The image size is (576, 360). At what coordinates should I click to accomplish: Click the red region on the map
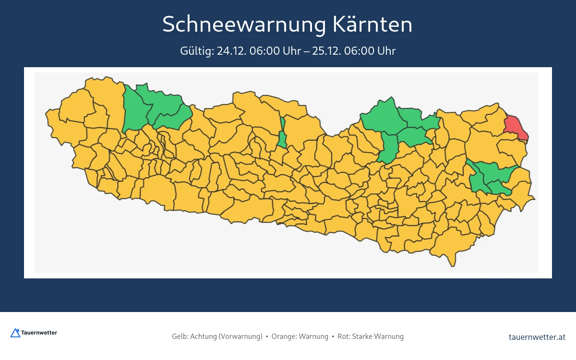click(x=516, y=127)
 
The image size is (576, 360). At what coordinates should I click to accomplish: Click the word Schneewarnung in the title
click(x=244, y=24)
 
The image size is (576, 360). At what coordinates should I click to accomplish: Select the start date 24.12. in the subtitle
click(x=230, y=51)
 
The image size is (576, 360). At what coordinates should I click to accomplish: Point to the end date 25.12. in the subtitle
click(x=325, y=51)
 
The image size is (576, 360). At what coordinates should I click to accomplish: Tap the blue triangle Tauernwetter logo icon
click(x=15, y=333)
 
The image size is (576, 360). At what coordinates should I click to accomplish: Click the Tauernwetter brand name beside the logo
click(x=39, y=333)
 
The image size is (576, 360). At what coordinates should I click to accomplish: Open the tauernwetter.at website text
click(x=537, y=337)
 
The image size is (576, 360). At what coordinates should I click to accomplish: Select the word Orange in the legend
click(x=283, y=336)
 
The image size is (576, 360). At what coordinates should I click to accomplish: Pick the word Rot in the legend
click(x=343, y=336)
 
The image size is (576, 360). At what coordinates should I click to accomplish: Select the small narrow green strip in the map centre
click(x=282, y=134)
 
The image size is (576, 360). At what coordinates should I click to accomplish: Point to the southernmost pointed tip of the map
click(x=453, y=264)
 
